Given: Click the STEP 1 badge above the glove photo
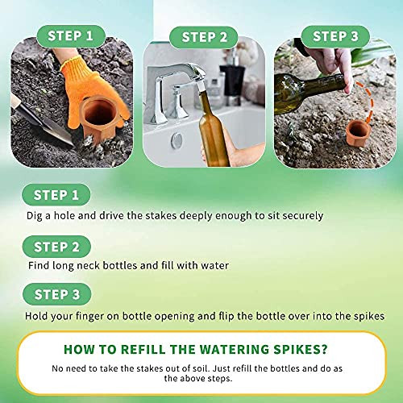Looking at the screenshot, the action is pos(71,36).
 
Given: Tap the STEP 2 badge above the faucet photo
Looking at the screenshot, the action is pos(204,37).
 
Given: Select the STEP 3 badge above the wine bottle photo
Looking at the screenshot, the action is pos(335,36).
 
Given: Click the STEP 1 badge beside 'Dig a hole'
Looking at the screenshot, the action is pos(56,195).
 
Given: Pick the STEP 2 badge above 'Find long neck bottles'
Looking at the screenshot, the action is pos(56,247).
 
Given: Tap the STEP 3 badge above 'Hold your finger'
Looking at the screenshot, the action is pos(57,294).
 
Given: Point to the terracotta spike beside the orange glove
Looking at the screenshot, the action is pos(98,118).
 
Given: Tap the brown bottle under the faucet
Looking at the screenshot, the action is pos(213,127).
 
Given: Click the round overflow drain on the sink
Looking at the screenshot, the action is pos(177,140).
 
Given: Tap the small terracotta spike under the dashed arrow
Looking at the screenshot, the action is pos(358,133).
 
